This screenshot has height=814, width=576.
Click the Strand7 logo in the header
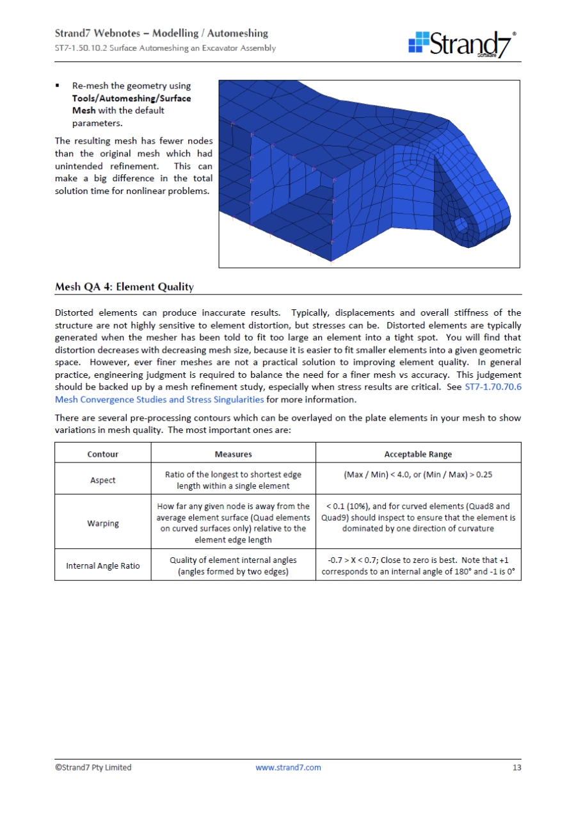(462, 44)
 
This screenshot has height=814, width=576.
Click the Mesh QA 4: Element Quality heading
(124, 287)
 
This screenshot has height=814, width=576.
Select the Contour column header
(102, 454)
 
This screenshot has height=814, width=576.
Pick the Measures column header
(233, 454)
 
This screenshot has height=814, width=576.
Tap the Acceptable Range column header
(418, 454)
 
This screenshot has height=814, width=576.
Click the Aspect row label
(102, 480)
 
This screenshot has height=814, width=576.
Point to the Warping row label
(102, 523)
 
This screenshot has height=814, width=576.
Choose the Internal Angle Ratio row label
(102, 566)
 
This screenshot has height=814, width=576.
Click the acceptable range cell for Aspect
(418, 475)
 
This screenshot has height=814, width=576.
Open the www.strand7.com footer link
(288, 767)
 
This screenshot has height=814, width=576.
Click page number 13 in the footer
(516, 767)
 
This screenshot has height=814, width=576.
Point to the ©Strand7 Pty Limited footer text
(93, 767)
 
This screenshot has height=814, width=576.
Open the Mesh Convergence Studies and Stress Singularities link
(159, 400)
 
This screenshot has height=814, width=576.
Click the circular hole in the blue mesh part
(461, 224)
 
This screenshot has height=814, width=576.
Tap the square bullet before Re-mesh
(58, 86)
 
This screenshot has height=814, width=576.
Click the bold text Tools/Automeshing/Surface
(131, 98)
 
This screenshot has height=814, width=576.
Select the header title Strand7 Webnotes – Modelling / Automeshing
(161, 33)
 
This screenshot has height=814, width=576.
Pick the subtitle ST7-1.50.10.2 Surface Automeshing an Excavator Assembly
(165, 48)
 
